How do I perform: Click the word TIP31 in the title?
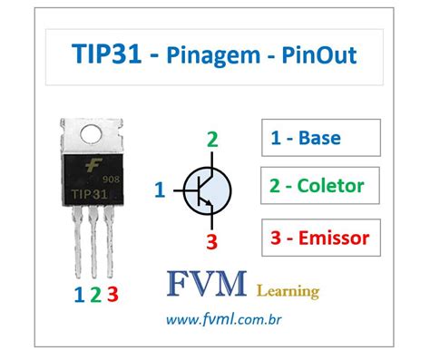tap(108, 56)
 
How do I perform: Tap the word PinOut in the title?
tap(316, 56)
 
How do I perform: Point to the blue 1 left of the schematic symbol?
tap(160, 190)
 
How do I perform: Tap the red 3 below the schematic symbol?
tap(212, 241)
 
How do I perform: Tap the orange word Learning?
tap(288, 291)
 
